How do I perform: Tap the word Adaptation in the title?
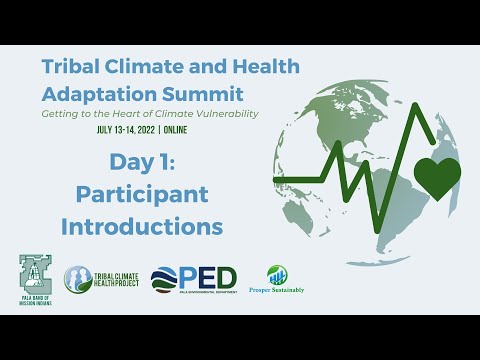(x=90, y=94)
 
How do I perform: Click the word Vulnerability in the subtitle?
(x=221, y=113)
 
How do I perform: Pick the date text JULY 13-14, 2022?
(x=136, y=130)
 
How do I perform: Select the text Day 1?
(x=141, y=163)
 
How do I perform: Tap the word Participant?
(x=141, y=194)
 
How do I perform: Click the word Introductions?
(x=142, y=226)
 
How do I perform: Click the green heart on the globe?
(x=436, y=177)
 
